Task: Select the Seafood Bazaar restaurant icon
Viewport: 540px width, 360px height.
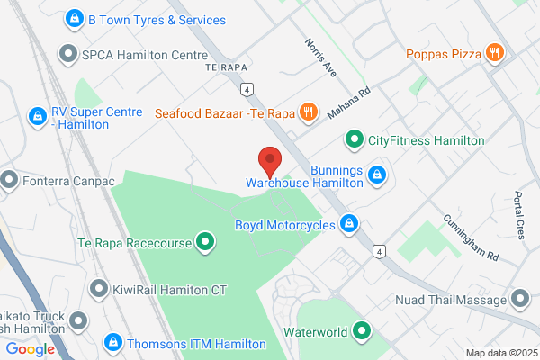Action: pos(308,112)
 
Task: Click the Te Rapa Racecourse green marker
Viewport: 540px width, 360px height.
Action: pos(205,241)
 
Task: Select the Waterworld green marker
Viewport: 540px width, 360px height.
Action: pos(362,331)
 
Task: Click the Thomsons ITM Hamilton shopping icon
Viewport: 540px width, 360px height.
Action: pos(113,343)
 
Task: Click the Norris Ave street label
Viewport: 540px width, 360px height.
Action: pos(319,57)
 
